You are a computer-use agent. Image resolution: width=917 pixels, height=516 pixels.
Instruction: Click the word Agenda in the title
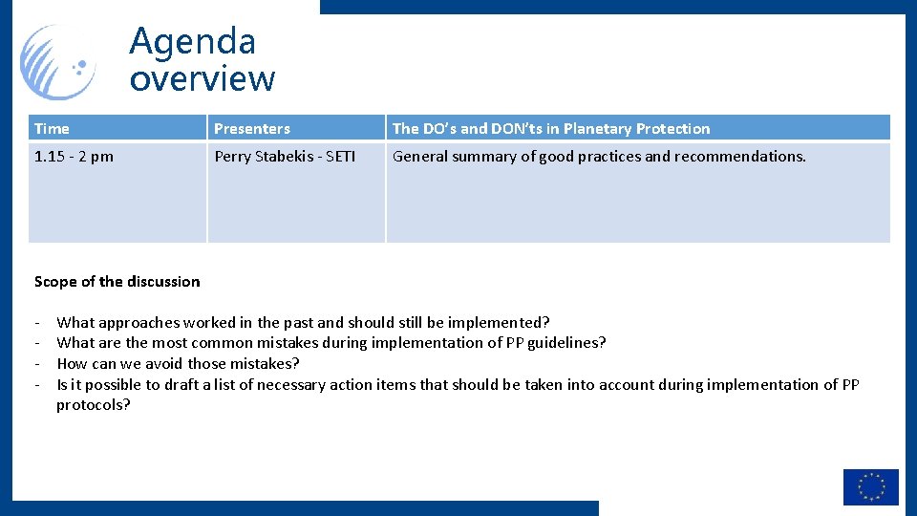click(x=192, y=41)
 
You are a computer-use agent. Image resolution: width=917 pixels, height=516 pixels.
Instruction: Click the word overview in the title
click(x=202, y=78)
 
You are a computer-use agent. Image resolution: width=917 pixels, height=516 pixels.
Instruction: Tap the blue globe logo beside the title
click(x=59, y=62)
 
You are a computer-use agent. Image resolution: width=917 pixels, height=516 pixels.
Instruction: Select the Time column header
click(x=52, y=129)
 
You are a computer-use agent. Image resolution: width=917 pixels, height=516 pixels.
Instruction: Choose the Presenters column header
click(x=252, y=129)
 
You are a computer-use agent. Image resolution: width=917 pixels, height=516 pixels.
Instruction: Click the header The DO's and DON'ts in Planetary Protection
click(x=551, y=129)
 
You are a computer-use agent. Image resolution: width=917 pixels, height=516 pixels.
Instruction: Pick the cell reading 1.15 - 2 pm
click(x=74, y=157)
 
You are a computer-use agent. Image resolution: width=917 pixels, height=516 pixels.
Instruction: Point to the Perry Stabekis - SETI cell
click(x=284, y=157)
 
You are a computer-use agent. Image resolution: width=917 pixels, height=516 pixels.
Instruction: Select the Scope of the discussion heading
click(x=117, y=282)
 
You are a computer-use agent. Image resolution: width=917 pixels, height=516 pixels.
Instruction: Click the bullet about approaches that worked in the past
click(x=303, y=323)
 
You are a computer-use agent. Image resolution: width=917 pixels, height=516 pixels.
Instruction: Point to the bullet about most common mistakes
click(x=331, y=343)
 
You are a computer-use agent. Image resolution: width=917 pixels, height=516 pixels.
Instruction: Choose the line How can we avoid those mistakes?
click(x=178, y=364)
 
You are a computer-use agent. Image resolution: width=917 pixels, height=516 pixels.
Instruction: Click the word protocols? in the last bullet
click(x=94, y=405)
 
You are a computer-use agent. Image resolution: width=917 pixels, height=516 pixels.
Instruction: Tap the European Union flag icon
click(x=870, y=486)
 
